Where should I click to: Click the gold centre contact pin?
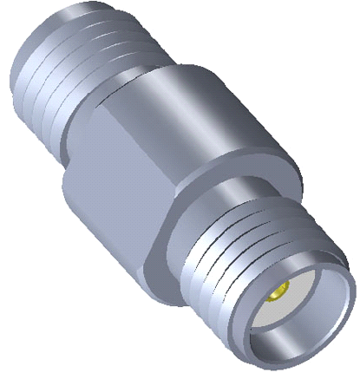coord(284,296)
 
